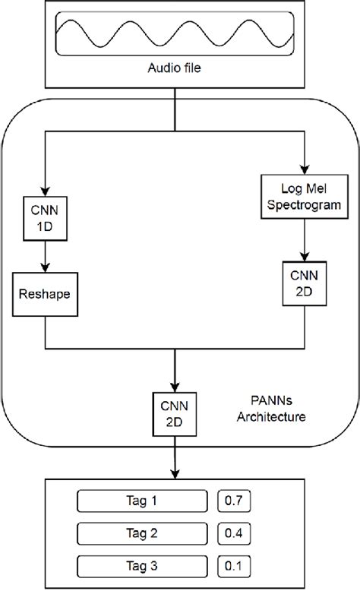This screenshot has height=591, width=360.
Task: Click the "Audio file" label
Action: tap(175, 68)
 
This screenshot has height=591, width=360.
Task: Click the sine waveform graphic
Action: tap(175, 34)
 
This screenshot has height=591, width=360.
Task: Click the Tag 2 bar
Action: tap(142, 533)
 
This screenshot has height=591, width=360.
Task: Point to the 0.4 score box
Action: tap(234, 533)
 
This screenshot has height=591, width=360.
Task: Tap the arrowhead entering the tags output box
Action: tap(175, 474)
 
